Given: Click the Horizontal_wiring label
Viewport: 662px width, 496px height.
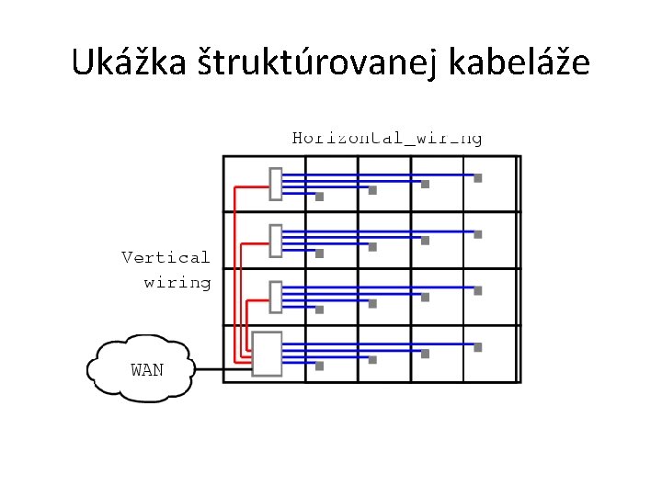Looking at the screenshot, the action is coord(387,139).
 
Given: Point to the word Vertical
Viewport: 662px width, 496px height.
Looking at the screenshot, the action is coord(166,257).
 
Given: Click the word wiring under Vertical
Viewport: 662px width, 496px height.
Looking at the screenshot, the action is coord(177,282).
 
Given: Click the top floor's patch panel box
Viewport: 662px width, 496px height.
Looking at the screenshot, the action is coord(275,184).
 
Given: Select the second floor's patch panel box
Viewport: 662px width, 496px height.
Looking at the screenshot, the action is coord(275,241).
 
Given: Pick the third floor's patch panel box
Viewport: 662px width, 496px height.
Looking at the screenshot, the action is coord(275,297).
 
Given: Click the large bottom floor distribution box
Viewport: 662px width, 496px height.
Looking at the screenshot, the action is coord(267,354).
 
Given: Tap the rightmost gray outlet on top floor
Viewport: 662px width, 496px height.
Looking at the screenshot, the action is coord(478,178).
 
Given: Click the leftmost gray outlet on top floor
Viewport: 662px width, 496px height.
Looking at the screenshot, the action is coord(320,197).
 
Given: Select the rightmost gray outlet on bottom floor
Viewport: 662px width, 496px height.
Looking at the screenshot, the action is coord(478,348).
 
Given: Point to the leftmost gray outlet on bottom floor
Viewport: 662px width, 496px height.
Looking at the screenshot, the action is coord(320,366).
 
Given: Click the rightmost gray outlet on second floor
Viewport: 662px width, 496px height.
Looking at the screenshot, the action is coord(478,235).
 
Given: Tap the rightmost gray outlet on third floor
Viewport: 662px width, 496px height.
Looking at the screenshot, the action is coord(478,291).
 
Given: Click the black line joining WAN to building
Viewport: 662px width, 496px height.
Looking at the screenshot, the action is coord(210,370).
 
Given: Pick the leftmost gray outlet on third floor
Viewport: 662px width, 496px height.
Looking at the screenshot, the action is coord(320,310).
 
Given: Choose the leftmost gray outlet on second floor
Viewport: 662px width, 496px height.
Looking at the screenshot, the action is coord(320,254).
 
